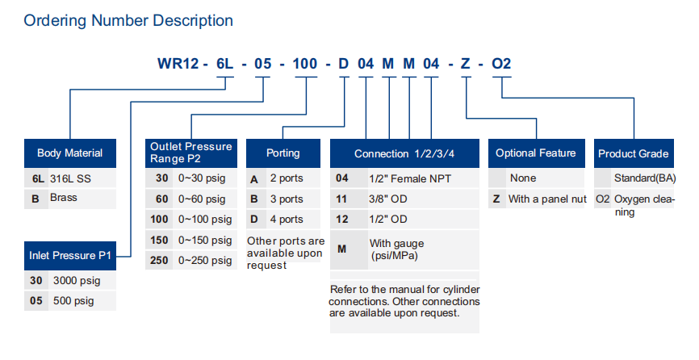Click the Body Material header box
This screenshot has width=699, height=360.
tap(70, 153)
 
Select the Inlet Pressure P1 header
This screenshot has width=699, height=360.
tap(70, 256)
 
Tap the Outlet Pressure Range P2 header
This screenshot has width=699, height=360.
tap(190, 153)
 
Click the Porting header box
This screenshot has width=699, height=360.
tap(283, 153)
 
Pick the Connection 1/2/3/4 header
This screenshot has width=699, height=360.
tap(404, 153)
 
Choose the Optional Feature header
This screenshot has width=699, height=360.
tap(536, 153)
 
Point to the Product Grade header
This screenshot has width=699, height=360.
tap(634, 153)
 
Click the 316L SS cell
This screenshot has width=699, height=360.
tap(82, 178)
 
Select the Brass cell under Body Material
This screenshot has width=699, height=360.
tap(82, 199)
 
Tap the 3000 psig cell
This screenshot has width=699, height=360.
tap(82, 281)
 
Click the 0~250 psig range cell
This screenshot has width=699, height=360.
tap(205, 260)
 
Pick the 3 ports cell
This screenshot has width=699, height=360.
tap(293, 199)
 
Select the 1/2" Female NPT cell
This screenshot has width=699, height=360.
tap(424, 178)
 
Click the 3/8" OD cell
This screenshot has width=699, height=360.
tap(424, 199)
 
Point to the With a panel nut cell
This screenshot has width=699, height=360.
tap(547, 199)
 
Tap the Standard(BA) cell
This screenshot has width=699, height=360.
tap(645, 178)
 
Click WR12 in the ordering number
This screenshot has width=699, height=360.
tap(178, 64)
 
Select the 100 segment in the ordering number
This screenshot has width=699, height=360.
tap(305, 64)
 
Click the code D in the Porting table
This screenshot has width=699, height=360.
tap(254, 220)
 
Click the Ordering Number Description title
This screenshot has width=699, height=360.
tap(128, 20)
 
